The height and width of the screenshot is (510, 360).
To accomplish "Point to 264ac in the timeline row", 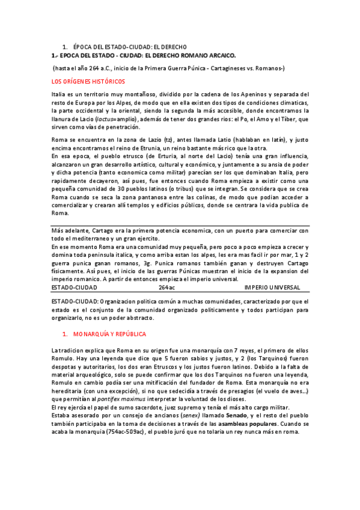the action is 166,288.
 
